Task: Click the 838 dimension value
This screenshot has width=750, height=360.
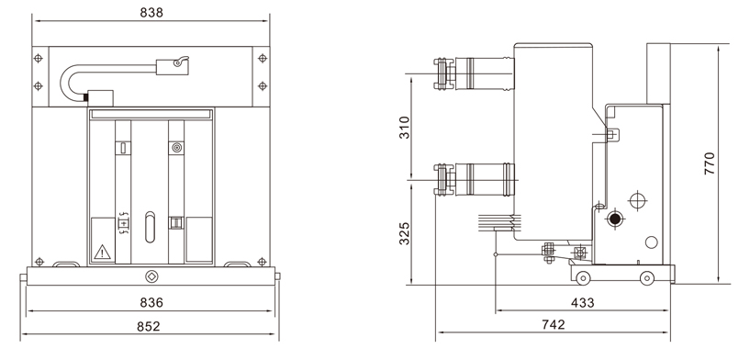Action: click(x=151, y=13)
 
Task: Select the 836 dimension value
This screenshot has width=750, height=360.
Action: click(x=151, y=302)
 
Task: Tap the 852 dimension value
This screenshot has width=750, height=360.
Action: click(x=149, y=326)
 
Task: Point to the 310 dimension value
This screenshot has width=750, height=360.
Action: click(x=405, y=128)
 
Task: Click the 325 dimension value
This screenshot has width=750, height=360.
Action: click(x=405, y=233)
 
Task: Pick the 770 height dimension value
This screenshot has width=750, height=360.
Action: click(x=709, y=163)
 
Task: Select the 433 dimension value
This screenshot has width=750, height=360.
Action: click(x=583, y=302)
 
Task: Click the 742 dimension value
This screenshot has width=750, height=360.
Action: click(x=554, y=324)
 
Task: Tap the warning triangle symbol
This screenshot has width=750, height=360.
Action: click(x=103, y=252)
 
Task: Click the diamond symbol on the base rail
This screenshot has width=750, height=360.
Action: click(x=151, y=276)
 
